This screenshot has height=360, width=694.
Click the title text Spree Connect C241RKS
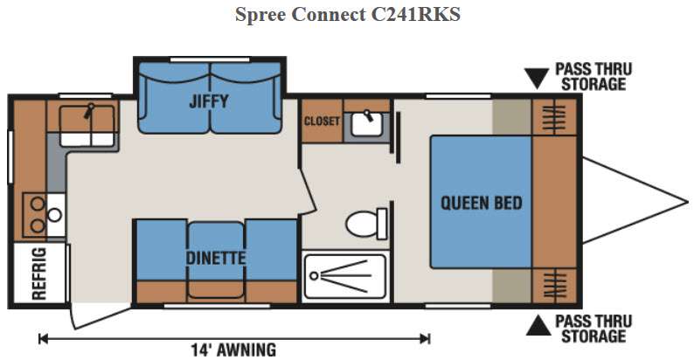tap(348, 14)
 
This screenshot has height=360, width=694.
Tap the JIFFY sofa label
tap(209, 101)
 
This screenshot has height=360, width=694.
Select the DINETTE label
tap(216, 258)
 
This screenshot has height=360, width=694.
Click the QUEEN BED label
tap(482, 203)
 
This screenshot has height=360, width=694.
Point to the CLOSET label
tap(322, 121)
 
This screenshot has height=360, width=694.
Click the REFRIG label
tap(39, 273)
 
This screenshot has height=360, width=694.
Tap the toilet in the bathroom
tap(366, 224)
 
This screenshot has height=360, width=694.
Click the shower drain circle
tap(314, 276)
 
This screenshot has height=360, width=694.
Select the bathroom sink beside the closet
tap(367, 123)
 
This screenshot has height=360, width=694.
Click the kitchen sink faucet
tap(88, 111)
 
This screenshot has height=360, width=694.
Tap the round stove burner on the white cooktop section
tap(54, 215)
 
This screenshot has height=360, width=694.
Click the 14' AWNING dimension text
tap(233, 350)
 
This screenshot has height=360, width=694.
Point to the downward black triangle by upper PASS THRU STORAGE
tap(537, 79)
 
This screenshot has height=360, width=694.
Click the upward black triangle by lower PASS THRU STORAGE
tap(538, 325)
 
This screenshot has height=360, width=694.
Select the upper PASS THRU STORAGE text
tap(593, 77)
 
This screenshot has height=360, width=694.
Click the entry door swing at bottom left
tap(101, 316)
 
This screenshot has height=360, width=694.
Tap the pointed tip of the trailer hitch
tap(688, 203)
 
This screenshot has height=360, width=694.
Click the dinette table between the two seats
tap(216, 260)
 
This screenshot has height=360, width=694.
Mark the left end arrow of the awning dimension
tap(42, 339)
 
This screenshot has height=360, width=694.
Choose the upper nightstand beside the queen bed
tap(554, 117)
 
